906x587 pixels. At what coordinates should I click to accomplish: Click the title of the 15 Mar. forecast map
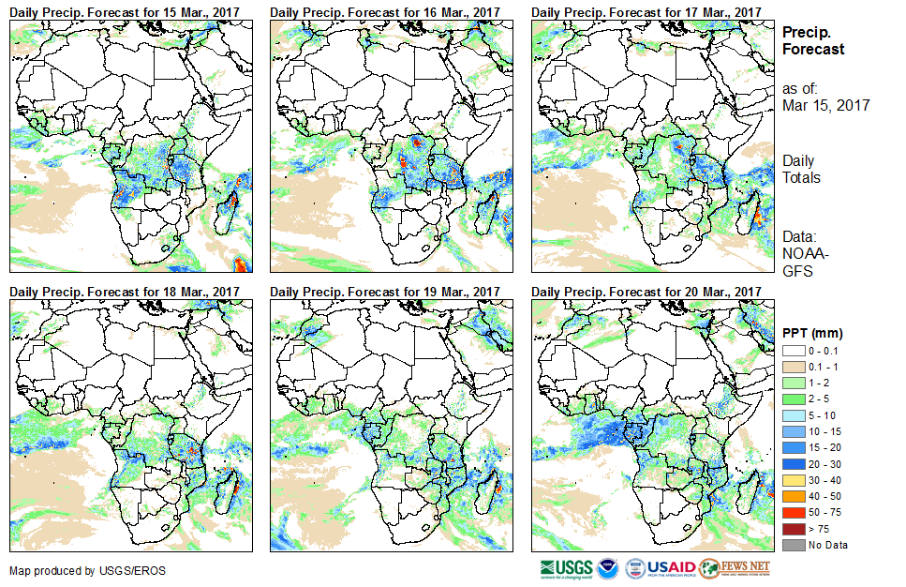[x=125, y=11]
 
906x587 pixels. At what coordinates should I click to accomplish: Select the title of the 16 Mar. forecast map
[x=385, y=11]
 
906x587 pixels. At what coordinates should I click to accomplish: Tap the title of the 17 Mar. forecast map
[x=646, y=11]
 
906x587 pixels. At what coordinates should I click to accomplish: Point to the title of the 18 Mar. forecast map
[x=125, y=292]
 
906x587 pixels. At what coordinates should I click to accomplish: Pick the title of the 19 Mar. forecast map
[x=385, y=292]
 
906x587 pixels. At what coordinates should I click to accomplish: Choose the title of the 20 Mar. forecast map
[x=646, y=292]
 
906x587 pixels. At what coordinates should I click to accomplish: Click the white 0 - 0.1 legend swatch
[x=792, y=350]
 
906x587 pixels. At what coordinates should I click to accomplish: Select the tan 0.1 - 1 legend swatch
[x=792, y=366]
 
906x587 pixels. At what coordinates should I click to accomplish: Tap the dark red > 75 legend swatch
[x=792, y=529]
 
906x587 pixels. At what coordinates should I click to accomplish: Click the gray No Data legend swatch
[x=792, y=545]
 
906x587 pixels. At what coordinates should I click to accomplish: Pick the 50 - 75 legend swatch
[x=792, y=513]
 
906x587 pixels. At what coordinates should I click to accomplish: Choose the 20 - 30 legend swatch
[x=792, y=463]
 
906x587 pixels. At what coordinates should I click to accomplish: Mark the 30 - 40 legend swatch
[x=792, y=480]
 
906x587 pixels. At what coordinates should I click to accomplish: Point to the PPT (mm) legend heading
[x=812, y=333]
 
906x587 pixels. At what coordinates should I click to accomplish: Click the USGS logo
[x=566, y=568]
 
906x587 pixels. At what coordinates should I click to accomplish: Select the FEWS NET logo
[x=735, y=568]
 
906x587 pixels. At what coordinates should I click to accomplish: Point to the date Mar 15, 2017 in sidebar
[x=825, y=105]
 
